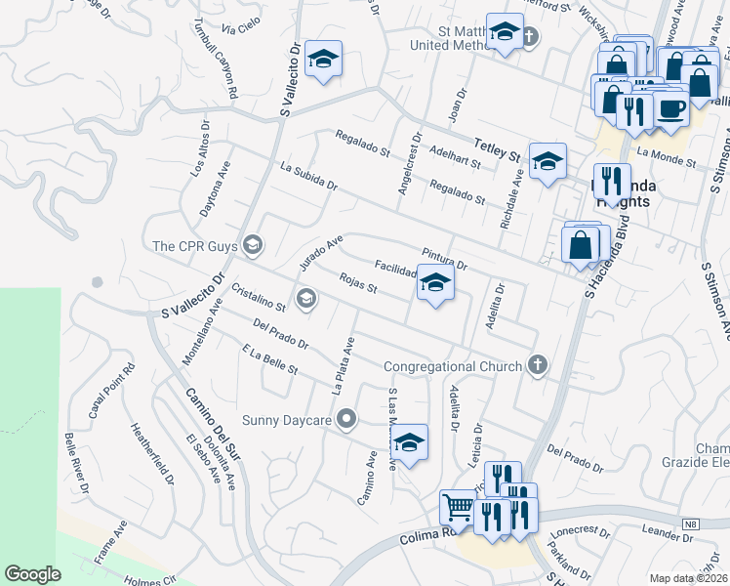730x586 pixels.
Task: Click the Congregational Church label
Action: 454,366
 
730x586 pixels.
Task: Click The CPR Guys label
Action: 195,244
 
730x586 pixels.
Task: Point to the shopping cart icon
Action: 457,508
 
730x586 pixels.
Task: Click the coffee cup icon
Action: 670,108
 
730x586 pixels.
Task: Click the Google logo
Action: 33,574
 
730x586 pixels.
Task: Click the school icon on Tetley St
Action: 547,160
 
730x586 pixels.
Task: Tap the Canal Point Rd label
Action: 110,392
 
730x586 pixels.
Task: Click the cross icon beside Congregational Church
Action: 536,365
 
